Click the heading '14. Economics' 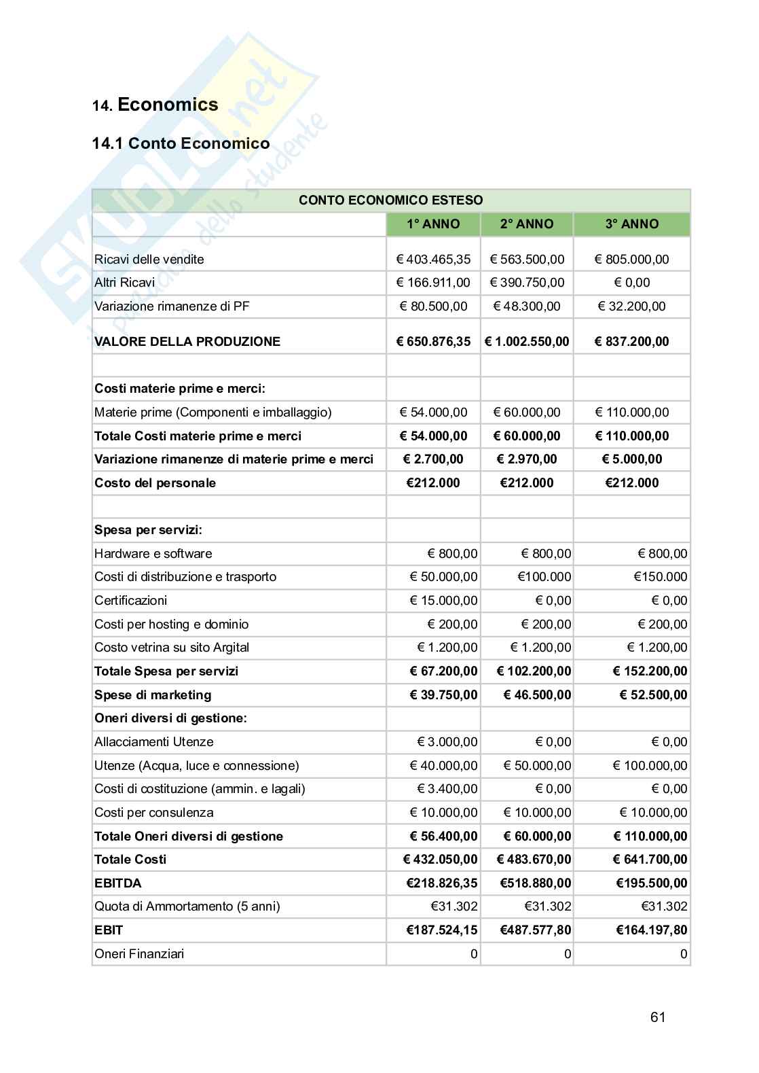click(x=155, y=105)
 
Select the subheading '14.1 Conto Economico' click(x=181, y=143)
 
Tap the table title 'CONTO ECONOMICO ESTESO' click(x=390, y=200)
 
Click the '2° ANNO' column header click(x=526, y=224)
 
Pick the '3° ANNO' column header click(x=631, y=224)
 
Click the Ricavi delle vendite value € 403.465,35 click(x=433, y=259)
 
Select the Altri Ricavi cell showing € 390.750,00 click(x=526, y=282)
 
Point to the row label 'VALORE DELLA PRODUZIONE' click(x=187, y=341)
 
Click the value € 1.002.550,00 click(x=526, y=341)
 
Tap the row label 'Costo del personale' click(x=155, y=482)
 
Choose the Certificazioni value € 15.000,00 click(x=443, y=600)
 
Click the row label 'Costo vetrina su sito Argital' click(x=172, y=647)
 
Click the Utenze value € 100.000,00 click(x=650, y=765)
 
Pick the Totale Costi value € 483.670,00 click(x=534, y=859)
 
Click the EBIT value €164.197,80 click(x=651, y=930)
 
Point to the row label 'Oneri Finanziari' click(x=139, y=953)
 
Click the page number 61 click(x=657, y=1017)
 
